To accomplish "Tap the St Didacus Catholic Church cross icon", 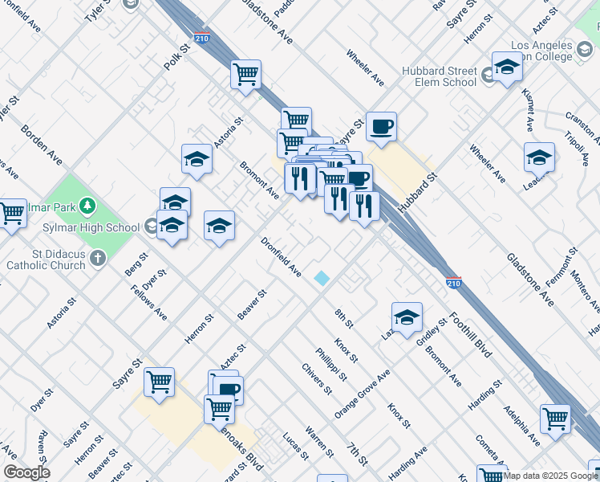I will [97, 259].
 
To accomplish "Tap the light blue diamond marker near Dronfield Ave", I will [322, 278].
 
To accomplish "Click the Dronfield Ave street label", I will [281, 257].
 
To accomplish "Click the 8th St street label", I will [344, 318].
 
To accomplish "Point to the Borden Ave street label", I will [42, 145].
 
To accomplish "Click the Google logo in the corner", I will [26, 473].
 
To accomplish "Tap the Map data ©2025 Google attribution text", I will [550, 476].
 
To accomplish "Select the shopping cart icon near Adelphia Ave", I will [555, 419].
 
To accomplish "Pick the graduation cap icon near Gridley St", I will [407, 317].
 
